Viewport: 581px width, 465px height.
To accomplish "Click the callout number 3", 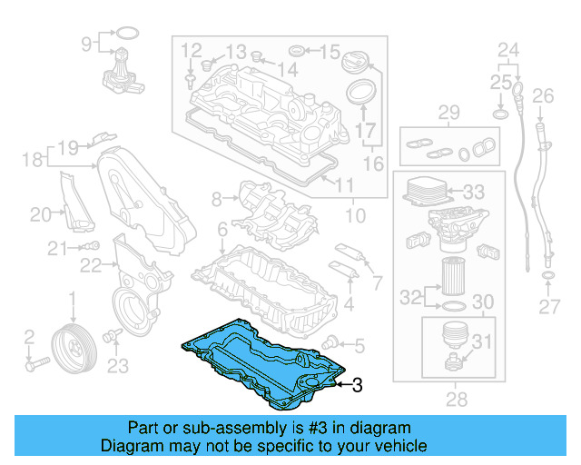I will point(357,386).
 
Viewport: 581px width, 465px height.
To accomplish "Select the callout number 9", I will point(87,43).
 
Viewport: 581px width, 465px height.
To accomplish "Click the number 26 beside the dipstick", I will point(543,95).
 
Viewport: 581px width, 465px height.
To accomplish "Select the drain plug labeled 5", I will point(331,342).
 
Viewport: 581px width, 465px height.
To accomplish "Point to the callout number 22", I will point(90,264).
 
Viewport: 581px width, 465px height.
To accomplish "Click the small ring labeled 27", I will point(548,274).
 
